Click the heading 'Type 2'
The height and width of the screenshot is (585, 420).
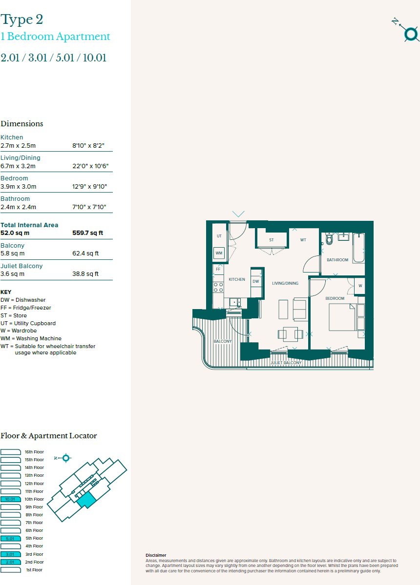pyautogui.click(x=22, y=20)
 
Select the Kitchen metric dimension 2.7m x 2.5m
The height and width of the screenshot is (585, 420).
pyautogui.click(x=18, y=145)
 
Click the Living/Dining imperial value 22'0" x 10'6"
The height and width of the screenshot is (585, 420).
pyautogui.click(x=90, y=166)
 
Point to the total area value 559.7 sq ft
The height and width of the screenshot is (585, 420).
pyautogui.click(x=88, y=233)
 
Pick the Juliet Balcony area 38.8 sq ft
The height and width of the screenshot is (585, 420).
pyautogui.click(x=85, y=274)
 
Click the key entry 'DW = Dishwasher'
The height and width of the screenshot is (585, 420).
pyautogui.click(x=23, y=300)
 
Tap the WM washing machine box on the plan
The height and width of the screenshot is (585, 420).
pyautogui.click(x=219, y=253)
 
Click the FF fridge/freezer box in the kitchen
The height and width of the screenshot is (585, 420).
pyautogui.click(x=218, y=269)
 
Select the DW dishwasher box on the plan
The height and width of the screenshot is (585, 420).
pyautogui.click(x=256, y=281)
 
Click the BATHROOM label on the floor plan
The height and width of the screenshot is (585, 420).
pyautogui.click(x=337, y=260)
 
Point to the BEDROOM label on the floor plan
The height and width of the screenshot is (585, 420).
pyautogui.click(x=335, y=298)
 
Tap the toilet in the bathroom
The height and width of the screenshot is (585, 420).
pyautogui.click(x=329, y=239)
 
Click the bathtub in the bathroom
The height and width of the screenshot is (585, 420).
pyautogui.click(x=359, y=248)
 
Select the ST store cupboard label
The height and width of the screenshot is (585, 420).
pyautogui.click(x=271, y=240)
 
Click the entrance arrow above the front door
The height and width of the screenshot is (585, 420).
pyautogui.click(x=238, y=214)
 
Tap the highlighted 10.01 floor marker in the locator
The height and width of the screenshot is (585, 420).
pyautogui.click(x=10, y=499)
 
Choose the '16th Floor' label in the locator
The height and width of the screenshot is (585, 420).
pyautogui.click(x=34, y=452)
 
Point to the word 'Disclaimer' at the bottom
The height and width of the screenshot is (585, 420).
pyautogui.click(x=156, y=555)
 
